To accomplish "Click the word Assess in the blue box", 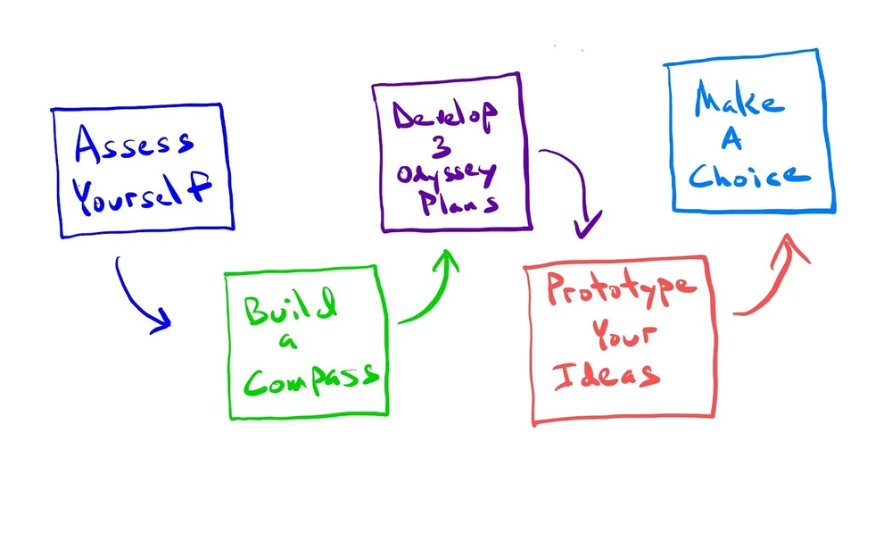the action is pos(134,146).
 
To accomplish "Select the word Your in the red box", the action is pos(625,333).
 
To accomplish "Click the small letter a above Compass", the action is pos(285,342).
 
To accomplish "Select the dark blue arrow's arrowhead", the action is pos(161,321).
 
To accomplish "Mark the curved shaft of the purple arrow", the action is pos(571,170).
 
